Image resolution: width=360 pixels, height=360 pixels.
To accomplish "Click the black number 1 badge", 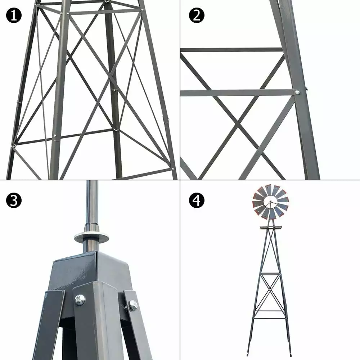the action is (x=14, y=15).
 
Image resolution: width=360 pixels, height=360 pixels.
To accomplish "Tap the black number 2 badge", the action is (x=197, y=15).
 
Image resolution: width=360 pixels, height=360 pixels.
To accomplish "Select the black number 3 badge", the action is (x=14, y=200).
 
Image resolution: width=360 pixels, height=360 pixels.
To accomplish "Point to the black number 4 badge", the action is (x=197, y=200).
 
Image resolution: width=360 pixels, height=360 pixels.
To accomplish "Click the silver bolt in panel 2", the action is (x=297, y=92).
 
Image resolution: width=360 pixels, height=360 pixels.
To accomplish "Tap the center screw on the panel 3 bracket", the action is (x=80, y=300).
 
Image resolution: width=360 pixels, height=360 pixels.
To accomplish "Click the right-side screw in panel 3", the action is (x=133, y=305).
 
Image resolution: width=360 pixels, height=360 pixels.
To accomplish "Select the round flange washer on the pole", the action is (x=91, y=237).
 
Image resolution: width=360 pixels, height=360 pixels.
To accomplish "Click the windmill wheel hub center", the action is (x=270, y=202).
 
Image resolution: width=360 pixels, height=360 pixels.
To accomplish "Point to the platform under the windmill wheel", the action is (x=271, y=228).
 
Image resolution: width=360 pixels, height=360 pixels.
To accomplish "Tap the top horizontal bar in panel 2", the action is (x=231, y=50).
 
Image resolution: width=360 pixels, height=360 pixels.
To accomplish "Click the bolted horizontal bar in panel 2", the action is (x=237, y=93).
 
